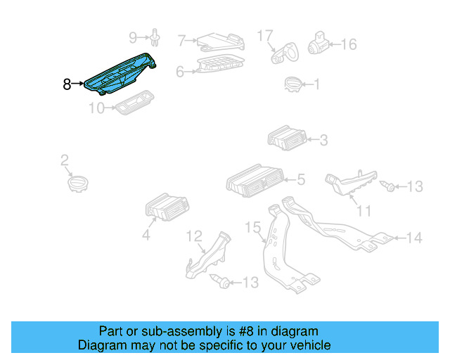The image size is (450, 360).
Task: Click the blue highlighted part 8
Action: pyautogui.click(x=120, y=75)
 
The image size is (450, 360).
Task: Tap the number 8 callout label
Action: pyautogui.click(x=67, y=84)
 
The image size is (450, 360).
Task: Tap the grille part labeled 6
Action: pyautogui.click(x=219, y=65)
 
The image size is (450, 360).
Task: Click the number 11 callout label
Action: pyautogui.click(x=364, y=210)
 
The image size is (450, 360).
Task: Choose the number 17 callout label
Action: pyautogui.click(x=264, y=34)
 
